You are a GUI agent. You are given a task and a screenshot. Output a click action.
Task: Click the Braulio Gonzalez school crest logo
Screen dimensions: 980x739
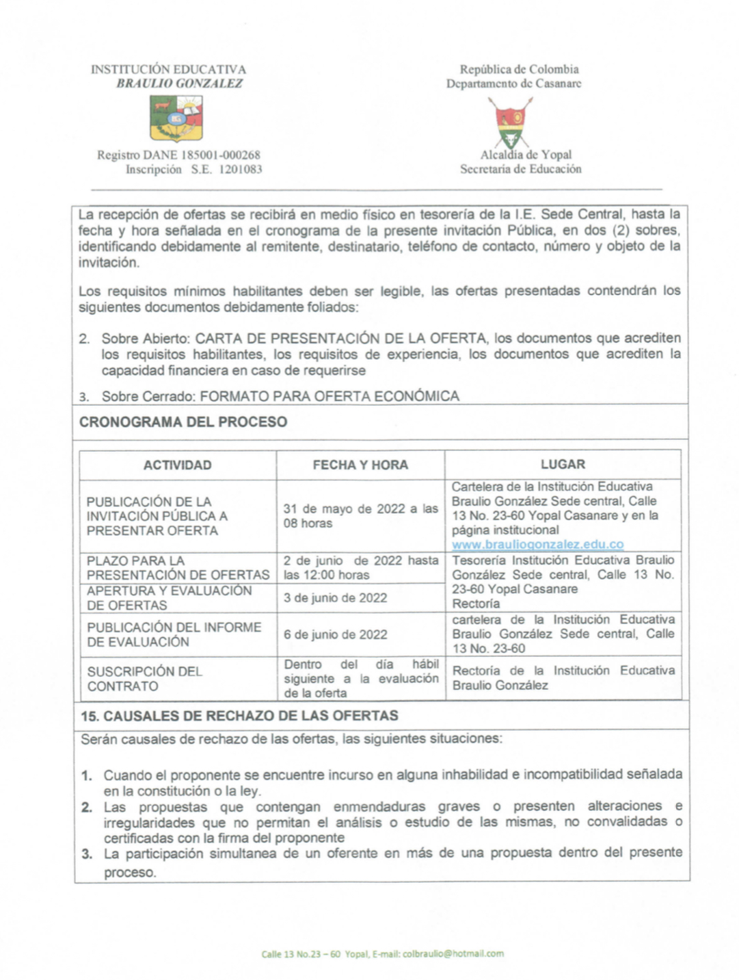pos(176,118)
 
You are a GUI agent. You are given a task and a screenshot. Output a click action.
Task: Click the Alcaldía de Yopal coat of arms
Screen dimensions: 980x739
pos(511,122)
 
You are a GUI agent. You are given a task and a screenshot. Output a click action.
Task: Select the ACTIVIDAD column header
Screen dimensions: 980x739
pos(177,465)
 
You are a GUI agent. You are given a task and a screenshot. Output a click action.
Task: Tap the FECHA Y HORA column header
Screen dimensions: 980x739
pos(360,465)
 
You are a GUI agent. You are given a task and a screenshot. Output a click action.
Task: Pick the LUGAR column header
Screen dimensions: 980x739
pos(563,465)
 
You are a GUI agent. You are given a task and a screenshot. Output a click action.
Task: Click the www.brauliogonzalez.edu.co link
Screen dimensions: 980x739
pos(537,545)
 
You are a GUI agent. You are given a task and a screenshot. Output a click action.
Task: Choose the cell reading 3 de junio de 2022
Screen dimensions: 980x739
pos(336,598)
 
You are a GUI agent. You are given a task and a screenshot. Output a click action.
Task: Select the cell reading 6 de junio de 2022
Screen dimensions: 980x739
pos(336,635)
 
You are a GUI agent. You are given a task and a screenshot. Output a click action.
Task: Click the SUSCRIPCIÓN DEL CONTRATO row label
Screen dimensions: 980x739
pos(144,679)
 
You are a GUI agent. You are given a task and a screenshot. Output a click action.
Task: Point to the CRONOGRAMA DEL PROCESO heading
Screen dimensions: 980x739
pos(183,422)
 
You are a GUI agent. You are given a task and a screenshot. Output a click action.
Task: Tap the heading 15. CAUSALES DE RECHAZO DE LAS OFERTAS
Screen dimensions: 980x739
pos(239,717)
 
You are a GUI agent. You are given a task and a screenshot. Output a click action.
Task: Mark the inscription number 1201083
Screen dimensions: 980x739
pos(240,170)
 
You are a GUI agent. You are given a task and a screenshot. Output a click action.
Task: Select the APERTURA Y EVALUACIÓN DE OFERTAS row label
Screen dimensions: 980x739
pos(169,598)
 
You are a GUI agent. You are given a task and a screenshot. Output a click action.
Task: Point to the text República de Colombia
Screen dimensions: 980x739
pos(519,69)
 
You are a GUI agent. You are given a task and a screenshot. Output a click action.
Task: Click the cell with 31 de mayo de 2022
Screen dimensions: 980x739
pos(360,516)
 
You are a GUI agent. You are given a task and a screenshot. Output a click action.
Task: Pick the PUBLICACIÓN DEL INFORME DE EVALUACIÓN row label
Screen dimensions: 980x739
pos(174,634)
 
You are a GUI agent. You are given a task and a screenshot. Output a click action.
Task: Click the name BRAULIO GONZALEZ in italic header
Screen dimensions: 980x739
pos(180,83)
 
